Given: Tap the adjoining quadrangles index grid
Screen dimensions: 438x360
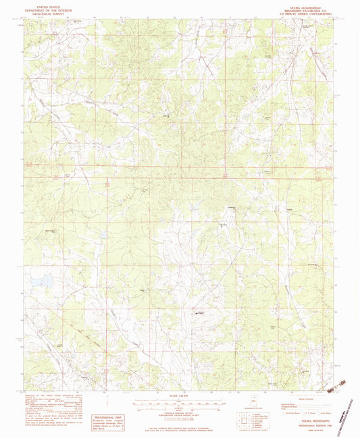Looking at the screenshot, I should pyautogui.click(x=245, y=422).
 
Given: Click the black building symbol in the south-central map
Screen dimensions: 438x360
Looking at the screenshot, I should pyautogui.click(x=200, y=312).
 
